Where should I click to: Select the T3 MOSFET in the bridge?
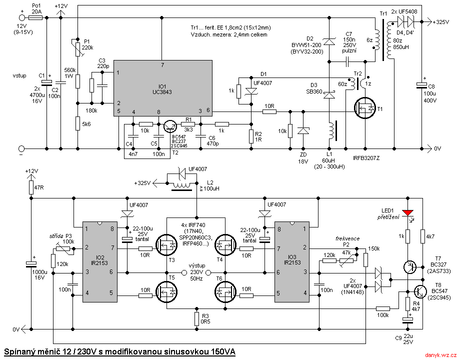tap(166, 245)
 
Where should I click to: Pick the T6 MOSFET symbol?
tap(226, 290)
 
